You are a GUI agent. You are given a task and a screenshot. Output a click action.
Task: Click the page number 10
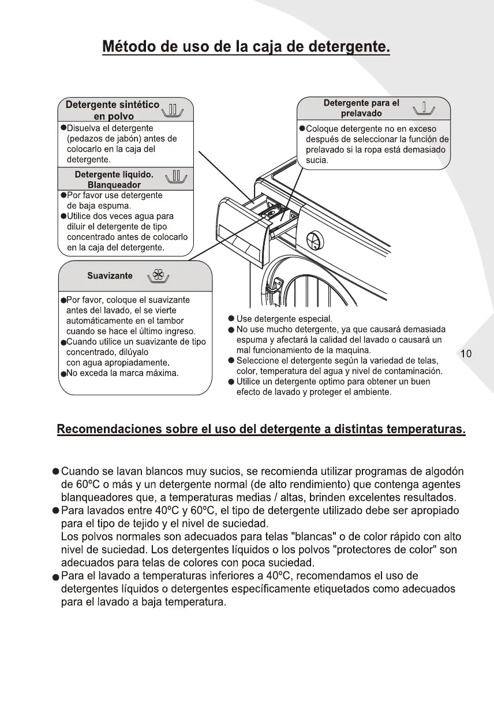pos(466,354)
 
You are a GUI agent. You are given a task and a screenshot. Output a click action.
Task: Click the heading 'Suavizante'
pos(110,276)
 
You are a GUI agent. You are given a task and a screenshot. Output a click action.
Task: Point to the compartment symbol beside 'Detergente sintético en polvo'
pos(174,108)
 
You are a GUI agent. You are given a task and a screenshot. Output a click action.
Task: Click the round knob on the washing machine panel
pos(315,239)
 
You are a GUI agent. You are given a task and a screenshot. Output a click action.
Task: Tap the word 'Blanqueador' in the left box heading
pos(114,185)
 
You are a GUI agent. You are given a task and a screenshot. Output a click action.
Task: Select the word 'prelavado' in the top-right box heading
pos(361,113)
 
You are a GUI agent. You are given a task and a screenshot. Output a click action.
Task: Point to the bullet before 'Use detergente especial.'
pos(231,319)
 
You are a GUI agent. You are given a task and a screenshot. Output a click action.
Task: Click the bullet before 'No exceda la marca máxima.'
pos(63,374)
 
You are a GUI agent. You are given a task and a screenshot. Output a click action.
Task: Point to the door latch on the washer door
pos(278,284)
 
